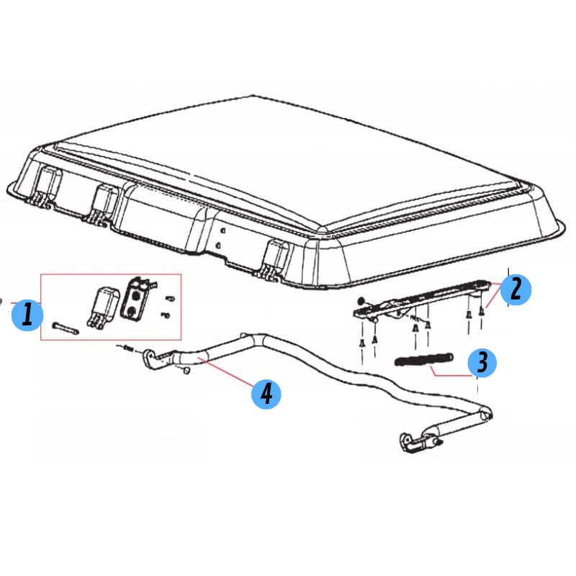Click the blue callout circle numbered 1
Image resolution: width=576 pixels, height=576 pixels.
tap(27, 315)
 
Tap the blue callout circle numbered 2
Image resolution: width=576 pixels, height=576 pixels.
tap(516, 290)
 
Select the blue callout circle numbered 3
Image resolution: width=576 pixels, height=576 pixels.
tap(482, 362)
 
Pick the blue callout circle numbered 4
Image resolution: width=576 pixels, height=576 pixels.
tap(266, 394)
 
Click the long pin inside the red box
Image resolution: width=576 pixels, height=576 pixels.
tap(66, 328)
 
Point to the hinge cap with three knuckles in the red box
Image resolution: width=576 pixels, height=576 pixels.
tap(104, 307)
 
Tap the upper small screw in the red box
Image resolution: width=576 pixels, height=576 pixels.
tap(169, 298)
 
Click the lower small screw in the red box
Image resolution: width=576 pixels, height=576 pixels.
tap(166, 315)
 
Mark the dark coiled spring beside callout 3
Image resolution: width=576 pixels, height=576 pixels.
tap(423, 359)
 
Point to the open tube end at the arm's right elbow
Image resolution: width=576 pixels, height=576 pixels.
tap(485, 415)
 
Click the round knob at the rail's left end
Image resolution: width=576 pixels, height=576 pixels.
tap(361, 300)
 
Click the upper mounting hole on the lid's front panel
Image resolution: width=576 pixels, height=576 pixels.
tap(222, 231)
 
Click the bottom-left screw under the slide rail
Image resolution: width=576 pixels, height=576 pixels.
tap(362, 344)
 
